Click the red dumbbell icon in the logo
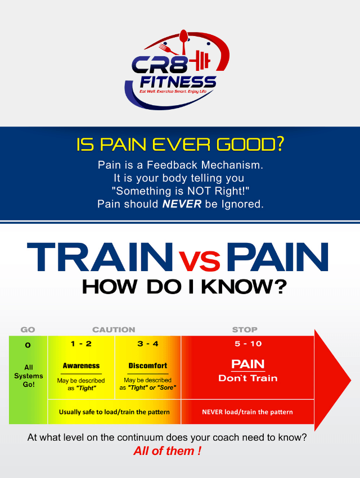(x=200, y=60)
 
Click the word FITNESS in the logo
(x=178, y=82)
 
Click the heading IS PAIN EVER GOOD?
(x=180, y=144)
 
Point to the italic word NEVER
(x=182, y=204)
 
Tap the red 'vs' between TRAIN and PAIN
(x=199, y=261)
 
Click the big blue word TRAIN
(x=100, y=256)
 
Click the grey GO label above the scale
(x=28, y=330)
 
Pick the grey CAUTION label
(x=114, y=330)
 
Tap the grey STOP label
(x=245, y=330)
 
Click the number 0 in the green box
(x=28, y=345)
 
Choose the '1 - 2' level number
(x=81, y=344)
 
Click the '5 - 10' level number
(x=248, y=344)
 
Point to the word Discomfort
(x=148, y=366)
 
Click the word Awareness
(x=81, y=366)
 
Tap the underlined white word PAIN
(x=248, y=364)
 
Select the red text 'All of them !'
(x=168, y=450)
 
